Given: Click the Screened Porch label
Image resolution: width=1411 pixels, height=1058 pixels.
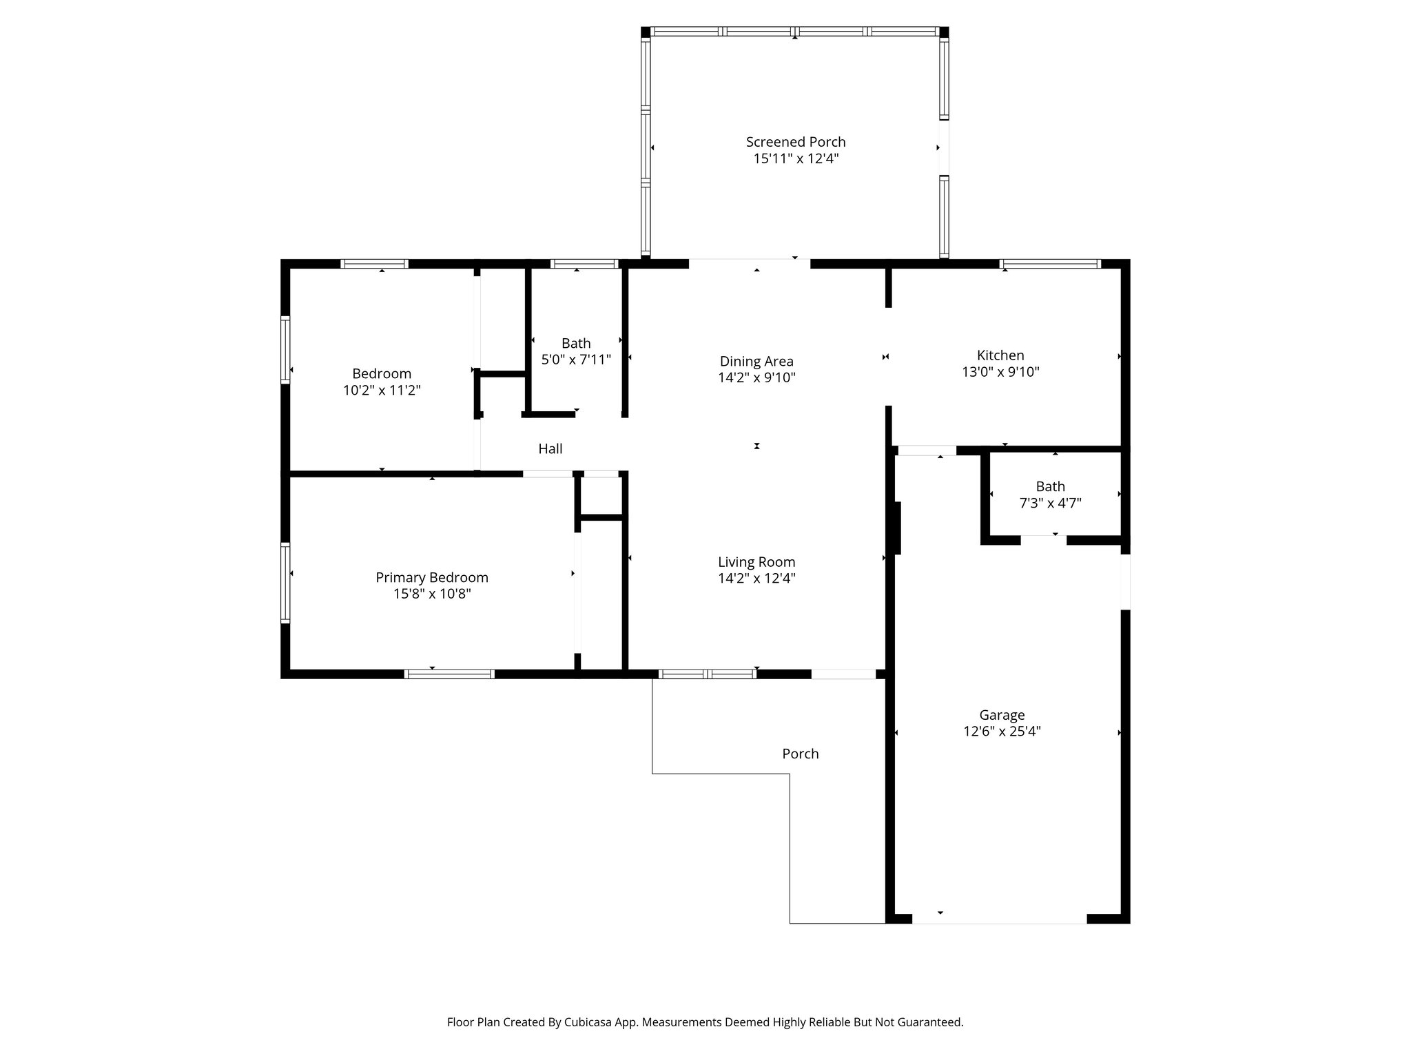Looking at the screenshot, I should point(796,142).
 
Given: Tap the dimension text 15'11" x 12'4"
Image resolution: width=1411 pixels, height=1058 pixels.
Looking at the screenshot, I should point(796,159).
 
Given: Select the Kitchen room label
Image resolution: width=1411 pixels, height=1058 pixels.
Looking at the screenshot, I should point(1000,355).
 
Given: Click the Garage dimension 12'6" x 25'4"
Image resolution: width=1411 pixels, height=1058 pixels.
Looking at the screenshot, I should point(1002,732).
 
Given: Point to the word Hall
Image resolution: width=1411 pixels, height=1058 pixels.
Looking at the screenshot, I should point(550,449).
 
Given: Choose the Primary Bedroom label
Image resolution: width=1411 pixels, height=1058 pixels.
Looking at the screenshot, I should point(432,577).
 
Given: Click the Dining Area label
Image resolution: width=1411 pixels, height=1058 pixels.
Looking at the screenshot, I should point(756,361).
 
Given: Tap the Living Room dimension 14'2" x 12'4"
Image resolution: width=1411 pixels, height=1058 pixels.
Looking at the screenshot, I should point(756,579).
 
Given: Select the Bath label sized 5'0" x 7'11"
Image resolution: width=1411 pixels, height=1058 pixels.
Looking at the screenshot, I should point(576,343).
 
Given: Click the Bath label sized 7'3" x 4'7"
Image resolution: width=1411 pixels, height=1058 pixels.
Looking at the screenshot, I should point(1050,486).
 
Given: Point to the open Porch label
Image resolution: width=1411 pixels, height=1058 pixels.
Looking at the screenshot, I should point(801,754).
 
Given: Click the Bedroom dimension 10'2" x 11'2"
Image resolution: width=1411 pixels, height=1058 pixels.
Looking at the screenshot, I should point(382,391).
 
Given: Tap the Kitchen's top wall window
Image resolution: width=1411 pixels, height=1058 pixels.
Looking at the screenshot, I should point(1050,264).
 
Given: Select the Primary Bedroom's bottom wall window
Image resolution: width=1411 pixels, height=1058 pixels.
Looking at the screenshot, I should point(449,674).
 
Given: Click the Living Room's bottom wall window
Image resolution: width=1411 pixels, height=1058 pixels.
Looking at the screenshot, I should point(707,674).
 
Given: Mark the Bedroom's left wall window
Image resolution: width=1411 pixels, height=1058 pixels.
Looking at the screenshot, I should point(285,349).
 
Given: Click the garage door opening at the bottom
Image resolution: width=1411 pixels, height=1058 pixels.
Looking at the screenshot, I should point(999,919).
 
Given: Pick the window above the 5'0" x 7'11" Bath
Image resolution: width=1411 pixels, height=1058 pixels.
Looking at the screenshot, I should point(584,264).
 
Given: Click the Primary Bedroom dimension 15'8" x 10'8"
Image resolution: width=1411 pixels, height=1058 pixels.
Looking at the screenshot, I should point(432,594).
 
